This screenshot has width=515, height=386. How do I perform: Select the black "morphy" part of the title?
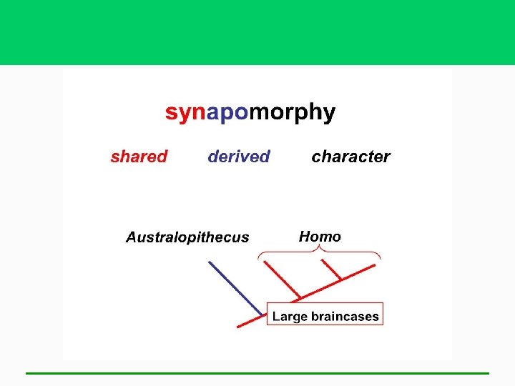pyautogui.click(x=292, y=113)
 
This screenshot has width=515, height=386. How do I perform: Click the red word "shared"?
pyautogui.click(x=139, y=157)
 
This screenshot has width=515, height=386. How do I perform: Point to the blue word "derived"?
pyautogui.click(x=239, y=157)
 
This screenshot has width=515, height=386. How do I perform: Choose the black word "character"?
pyautogui.click(x=350, y=157)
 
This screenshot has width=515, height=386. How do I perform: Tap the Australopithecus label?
pyautogui.click(x=187, y=237)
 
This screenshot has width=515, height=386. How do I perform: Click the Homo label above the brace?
pyautogui.click(x=320, y=237)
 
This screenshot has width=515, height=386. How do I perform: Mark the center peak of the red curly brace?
pyautogui.click(x=320, y=249)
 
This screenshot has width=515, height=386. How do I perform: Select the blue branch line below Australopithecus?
pyautogui.click(x=235, y=287)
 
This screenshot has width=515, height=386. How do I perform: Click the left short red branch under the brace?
pyautogui.click(x=282, y=279)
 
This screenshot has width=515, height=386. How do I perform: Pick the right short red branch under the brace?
pyautogui.click(x=331, y=269)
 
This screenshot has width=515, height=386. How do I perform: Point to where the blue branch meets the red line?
pyautogui.click(x=262, y=315)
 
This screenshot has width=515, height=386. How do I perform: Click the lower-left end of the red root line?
pyautogui.click(x=238, y=326)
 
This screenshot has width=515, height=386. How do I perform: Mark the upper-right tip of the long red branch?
pyautogui.click(x=374, y=266)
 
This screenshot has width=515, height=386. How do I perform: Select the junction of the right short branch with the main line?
pyautogui.click(x=340, y=279)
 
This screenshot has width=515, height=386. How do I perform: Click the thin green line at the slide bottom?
pyautogui.click(x=257, y=372)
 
